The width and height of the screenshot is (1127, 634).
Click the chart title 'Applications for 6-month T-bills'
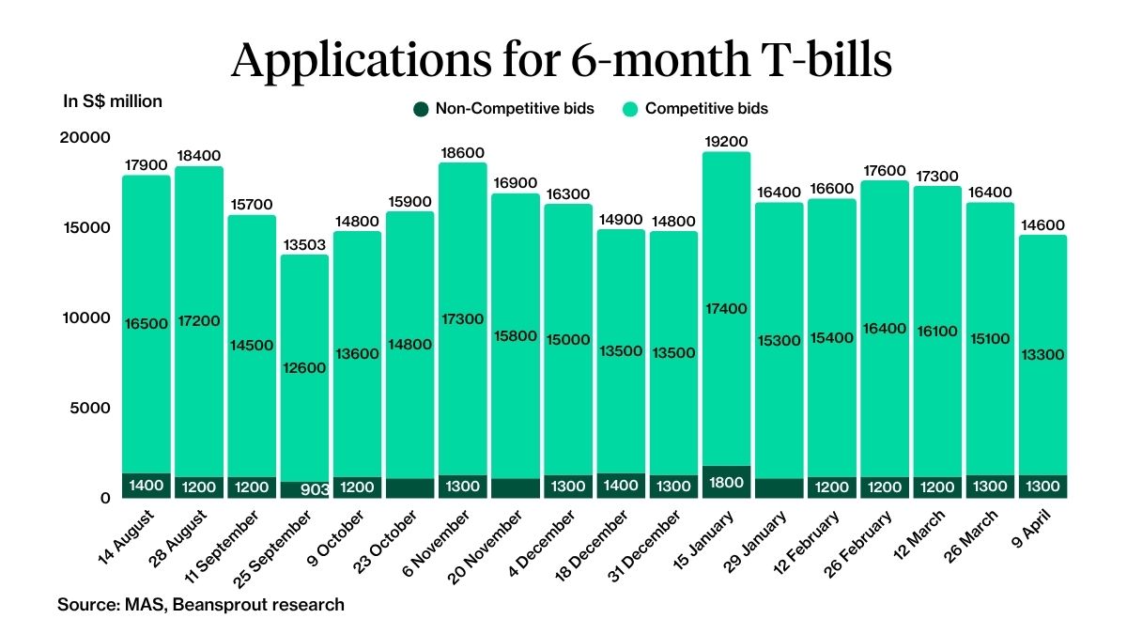point(562,60)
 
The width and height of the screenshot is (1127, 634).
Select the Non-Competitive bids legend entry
point(504,109)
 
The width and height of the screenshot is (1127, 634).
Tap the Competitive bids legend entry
point(695,109)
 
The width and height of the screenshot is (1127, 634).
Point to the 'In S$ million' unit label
point(113,101)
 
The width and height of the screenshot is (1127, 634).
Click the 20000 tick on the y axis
point(85,138)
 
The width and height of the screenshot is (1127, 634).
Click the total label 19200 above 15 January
point(726,142)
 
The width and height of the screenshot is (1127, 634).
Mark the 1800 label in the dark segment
point(726,483)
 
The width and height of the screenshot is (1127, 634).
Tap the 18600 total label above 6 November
point(463,152)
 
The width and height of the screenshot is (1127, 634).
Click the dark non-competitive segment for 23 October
point(410,488)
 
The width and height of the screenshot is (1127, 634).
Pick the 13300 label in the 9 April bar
point(1042,354)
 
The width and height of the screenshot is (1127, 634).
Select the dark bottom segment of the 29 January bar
point(779,488)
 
